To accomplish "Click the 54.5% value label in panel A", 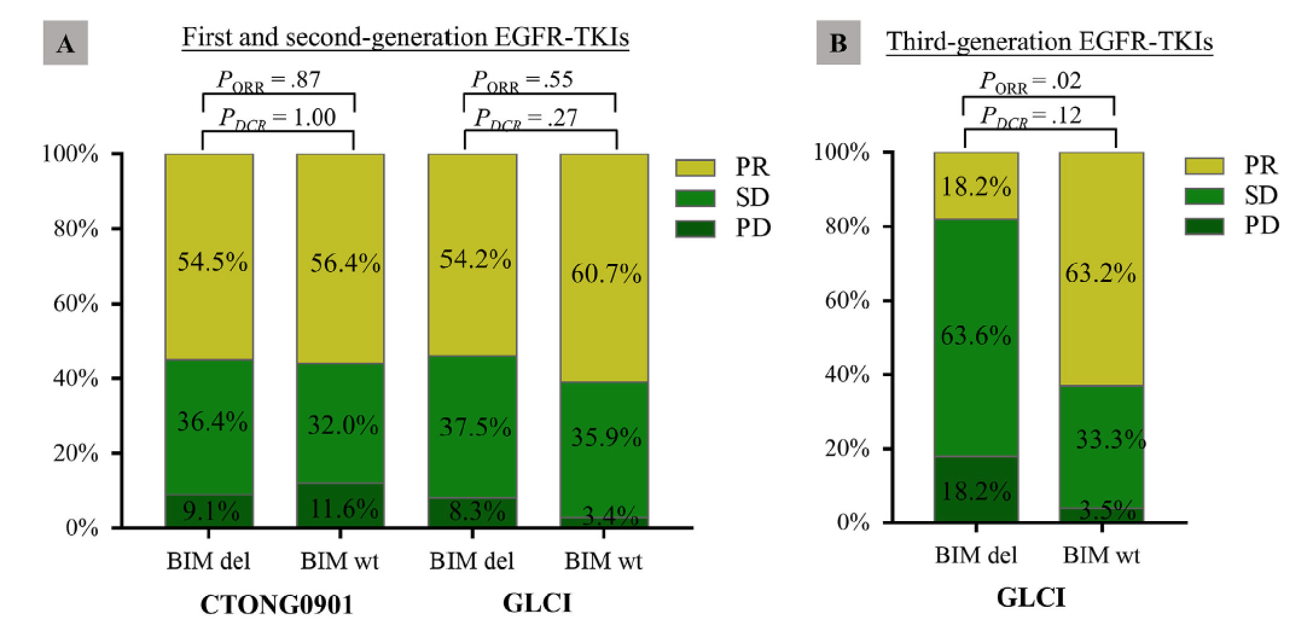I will click(x=212, y=262).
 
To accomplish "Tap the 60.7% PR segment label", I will click(x=606, y=274).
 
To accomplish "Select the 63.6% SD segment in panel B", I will click(x=975, y=336).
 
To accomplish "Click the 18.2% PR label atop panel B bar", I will click(x=975, y=187).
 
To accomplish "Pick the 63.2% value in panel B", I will click(x=1100, y=273).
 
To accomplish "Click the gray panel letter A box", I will click(x=66, y=43).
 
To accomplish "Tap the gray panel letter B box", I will click(x=838, y=43).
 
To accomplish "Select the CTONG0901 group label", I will click(x=277, y=604).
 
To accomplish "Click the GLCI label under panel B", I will click(x=1030, y=598).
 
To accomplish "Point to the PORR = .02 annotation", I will click(x=1030, y=82).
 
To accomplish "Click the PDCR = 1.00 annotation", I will click(x=277, y=117).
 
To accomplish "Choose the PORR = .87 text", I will click(x=269, y=80).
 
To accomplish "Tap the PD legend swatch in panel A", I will click(x=695, y=229).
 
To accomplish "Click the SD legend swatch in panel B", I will click(x=1204, y=196).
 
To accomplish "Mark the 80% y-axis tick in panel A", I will click(x=76, y=229).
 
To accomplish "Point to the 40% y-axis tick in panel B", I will click(x=847, y=375).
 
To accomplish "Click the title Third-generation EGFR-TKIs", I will click(x=1049, y=42).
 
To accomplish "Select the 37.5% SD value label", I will click(x=475, y=427).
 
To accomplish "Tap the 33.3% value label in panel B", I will click(x=1110, y=439).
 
